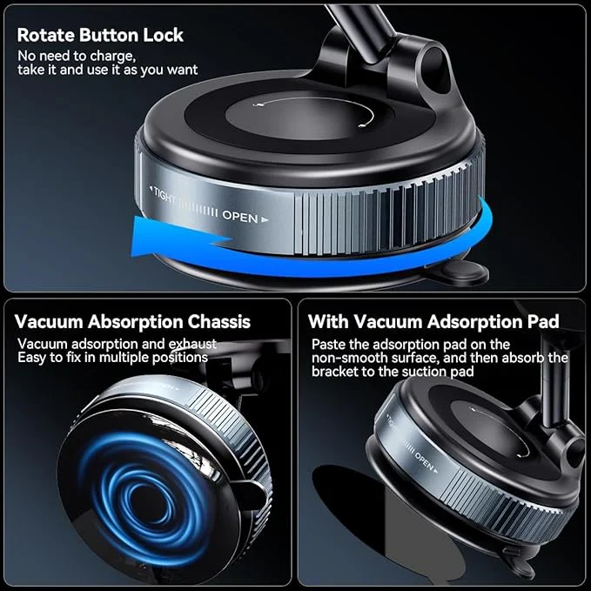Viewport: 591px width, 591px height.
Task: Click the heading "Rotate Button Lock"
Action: (x=100, y=36)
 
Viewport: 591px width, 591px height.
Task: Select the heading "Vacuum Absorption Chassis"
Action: (x=132, y=322)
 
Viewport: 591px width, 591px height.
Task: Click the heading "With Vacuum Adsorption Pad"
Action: (x=433, y=322)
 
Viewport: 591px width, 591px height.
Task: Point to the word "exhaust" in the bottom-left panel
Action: (x=192, y=344)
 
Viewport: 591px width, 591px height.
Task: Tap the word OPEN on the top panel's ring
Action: (x=240, y=216)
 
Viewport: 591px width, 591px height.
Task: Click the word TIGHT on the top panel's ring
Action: (x=165, y=195)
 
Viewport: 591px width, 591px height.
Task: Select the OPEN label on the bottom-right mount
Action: (x=424, y=461)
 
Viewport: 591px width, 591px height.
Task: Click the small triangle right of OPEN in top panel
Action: (x=265, y=219)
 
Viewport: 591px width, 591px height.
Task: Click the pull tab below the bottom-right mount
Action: (x=520, y=567)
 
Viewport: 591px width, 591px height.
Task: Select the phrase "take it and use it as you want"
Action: (x=107, y=70)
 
